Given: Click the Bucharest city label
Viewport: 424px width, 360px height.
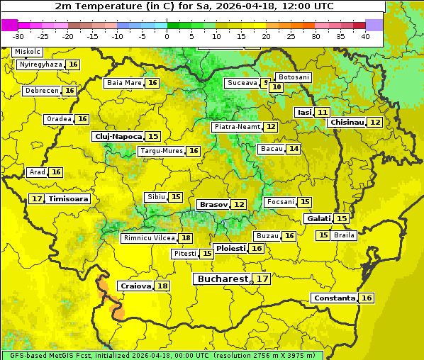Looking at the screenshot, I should [x=223, y=279].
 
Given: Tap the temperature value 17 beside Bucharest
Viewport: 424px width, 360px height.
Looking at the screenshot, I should [x=262, y=279].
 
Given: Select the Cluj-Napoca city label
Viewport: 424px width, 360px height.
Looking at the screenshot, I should [x=118, y=136].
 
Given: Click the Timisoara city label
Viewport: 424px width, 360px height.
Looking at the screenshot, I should [x=69, y=199].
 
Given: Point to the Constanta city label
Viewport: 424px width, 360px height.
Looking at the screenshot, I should [x=333, y=298].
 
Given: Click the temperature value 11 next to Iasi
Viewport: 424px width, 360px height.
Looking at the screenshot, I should [x=323, y=113].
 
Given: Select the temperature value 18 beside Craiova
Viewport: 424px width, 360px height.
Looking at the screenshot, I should [x=162, y=286].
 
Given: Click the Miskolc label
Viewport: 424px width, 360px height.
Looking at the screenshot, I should [x=28, y=52].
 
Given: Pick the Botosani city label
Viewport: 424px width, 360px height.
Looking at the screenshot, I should [x=294, y=77].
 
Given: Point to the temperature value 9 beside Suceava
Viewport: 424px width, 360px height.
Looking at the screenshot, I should [x=266, y=83].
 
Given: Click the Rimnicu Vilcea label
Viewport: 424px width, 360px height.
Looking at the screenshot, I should [x=147, y=238].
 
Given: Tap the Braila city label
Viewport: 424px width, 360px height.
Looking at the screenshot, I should [x=344, y=235].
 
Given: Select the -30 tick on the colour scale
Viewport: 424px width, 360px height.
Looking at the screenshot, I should [x=18, y=36].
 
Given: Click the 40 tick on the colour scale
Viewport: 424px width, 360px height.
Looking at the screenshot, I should [x=365, y=36].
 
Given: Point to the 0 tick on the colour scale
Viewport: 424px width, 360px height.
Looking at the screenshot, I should [x=167, y=36].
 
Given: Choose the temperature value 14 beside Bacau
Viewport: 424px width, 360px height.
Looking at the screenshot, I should [x=294, y=149].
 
